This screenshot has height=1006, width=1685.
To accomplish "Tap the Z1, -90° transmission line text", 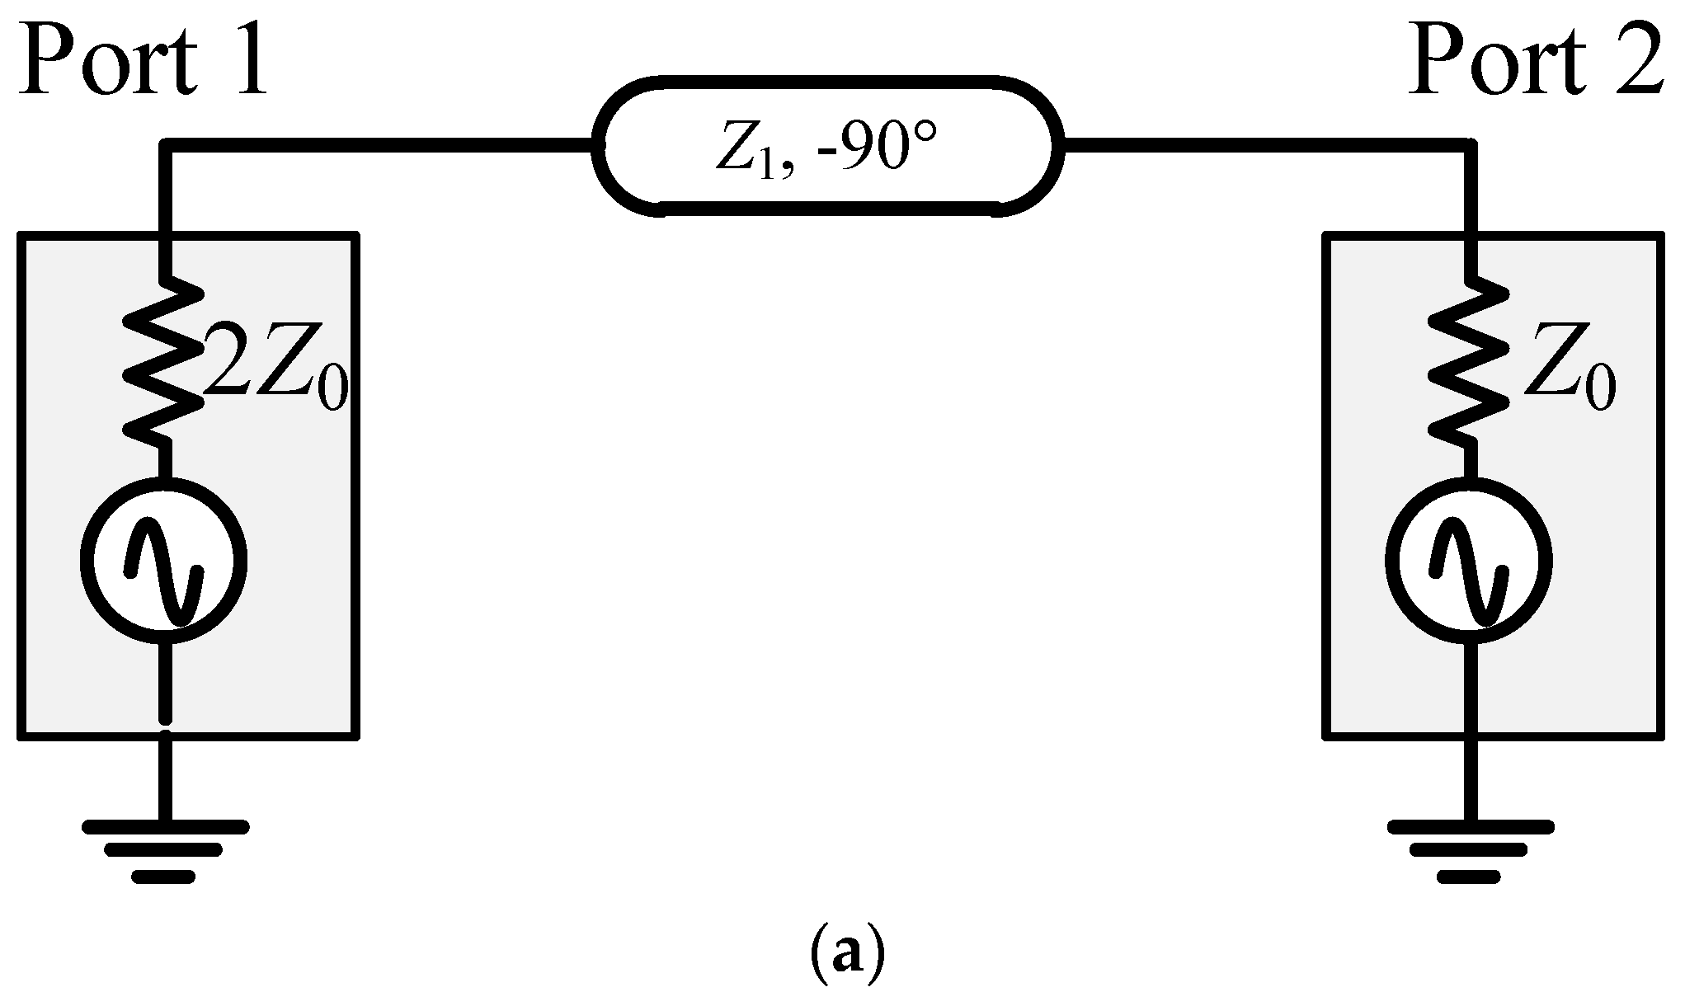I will click(826, 151).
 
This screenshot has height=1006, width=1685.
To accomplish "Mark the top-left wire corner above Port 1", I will click(167, 147).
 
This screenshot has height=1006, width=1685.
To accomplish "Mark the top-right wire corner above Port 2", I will click(1470, 147).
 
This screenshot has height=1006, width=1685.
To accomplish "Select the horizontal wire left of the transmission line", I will click(379, 147).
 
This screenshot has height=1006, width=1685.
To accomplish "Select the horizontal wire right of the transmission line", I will click(1262, 147).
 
